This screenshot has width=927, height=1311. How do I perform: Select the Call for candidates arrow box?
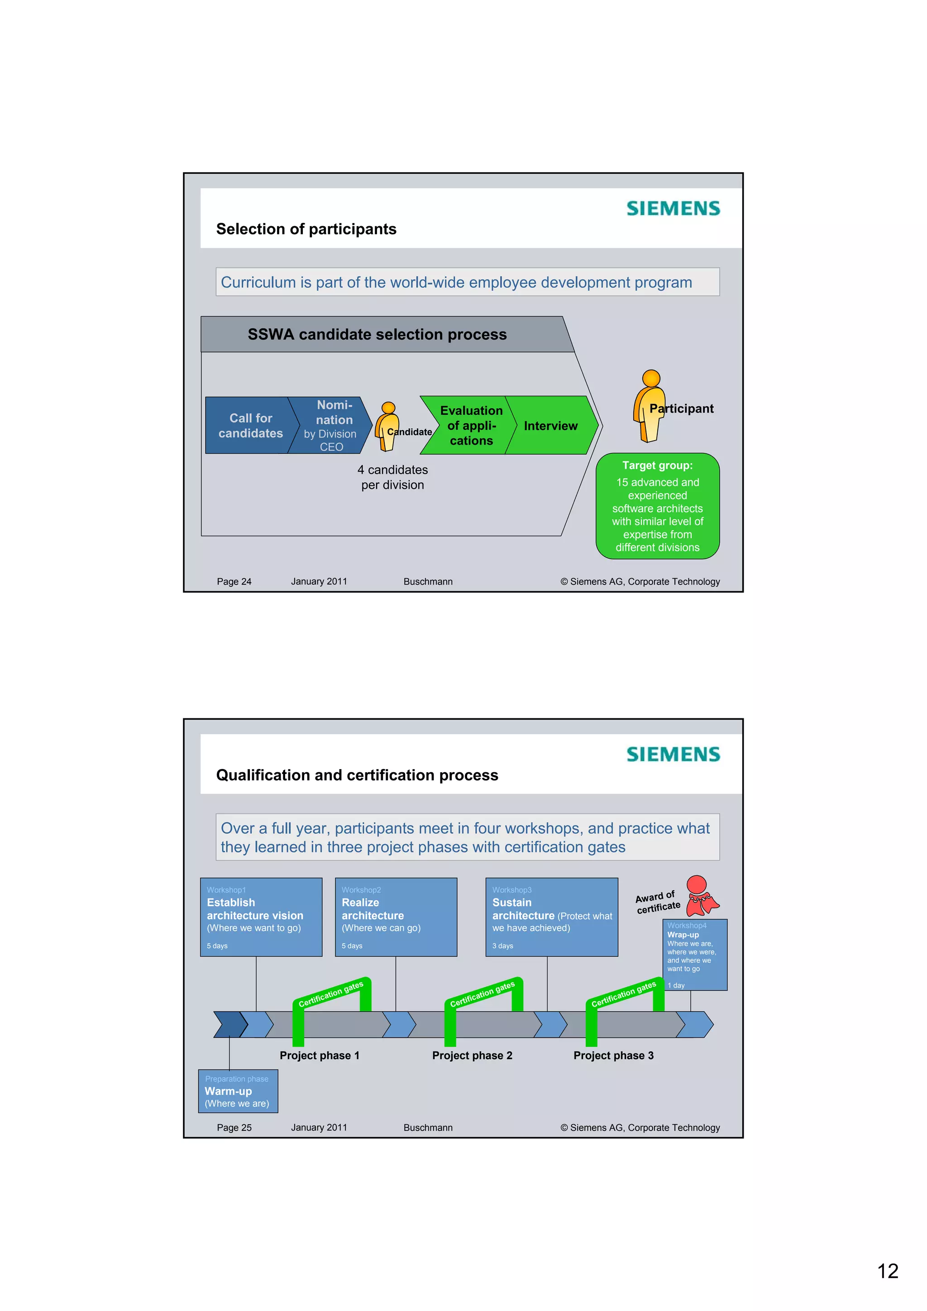[250, 425]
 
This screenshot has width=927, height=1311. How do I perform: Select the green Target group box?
[657, 506]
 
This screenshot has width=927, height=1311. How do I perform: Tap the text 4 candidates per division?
[393, 477]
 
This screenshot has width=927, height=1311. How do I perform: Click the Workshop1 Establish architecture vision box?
[261, 917]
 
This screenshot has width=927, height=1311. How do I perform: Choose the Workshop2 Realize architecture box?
[396, 917]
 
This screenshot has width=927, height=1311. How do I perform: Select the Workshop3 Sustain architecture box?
[551, 917]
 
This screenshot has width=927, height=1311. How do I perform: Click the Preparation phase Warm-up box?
[238, 1091]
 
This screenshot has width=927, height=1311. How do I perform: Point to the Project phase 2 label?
[472, 1055]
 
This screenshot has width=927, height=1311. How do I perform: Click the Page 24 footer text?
[234, 581]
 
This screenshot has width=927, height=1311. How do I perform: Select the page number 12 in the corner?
[888, 1271]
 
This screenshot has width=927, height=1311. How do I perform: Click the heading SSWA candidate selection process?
[377, 335]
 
